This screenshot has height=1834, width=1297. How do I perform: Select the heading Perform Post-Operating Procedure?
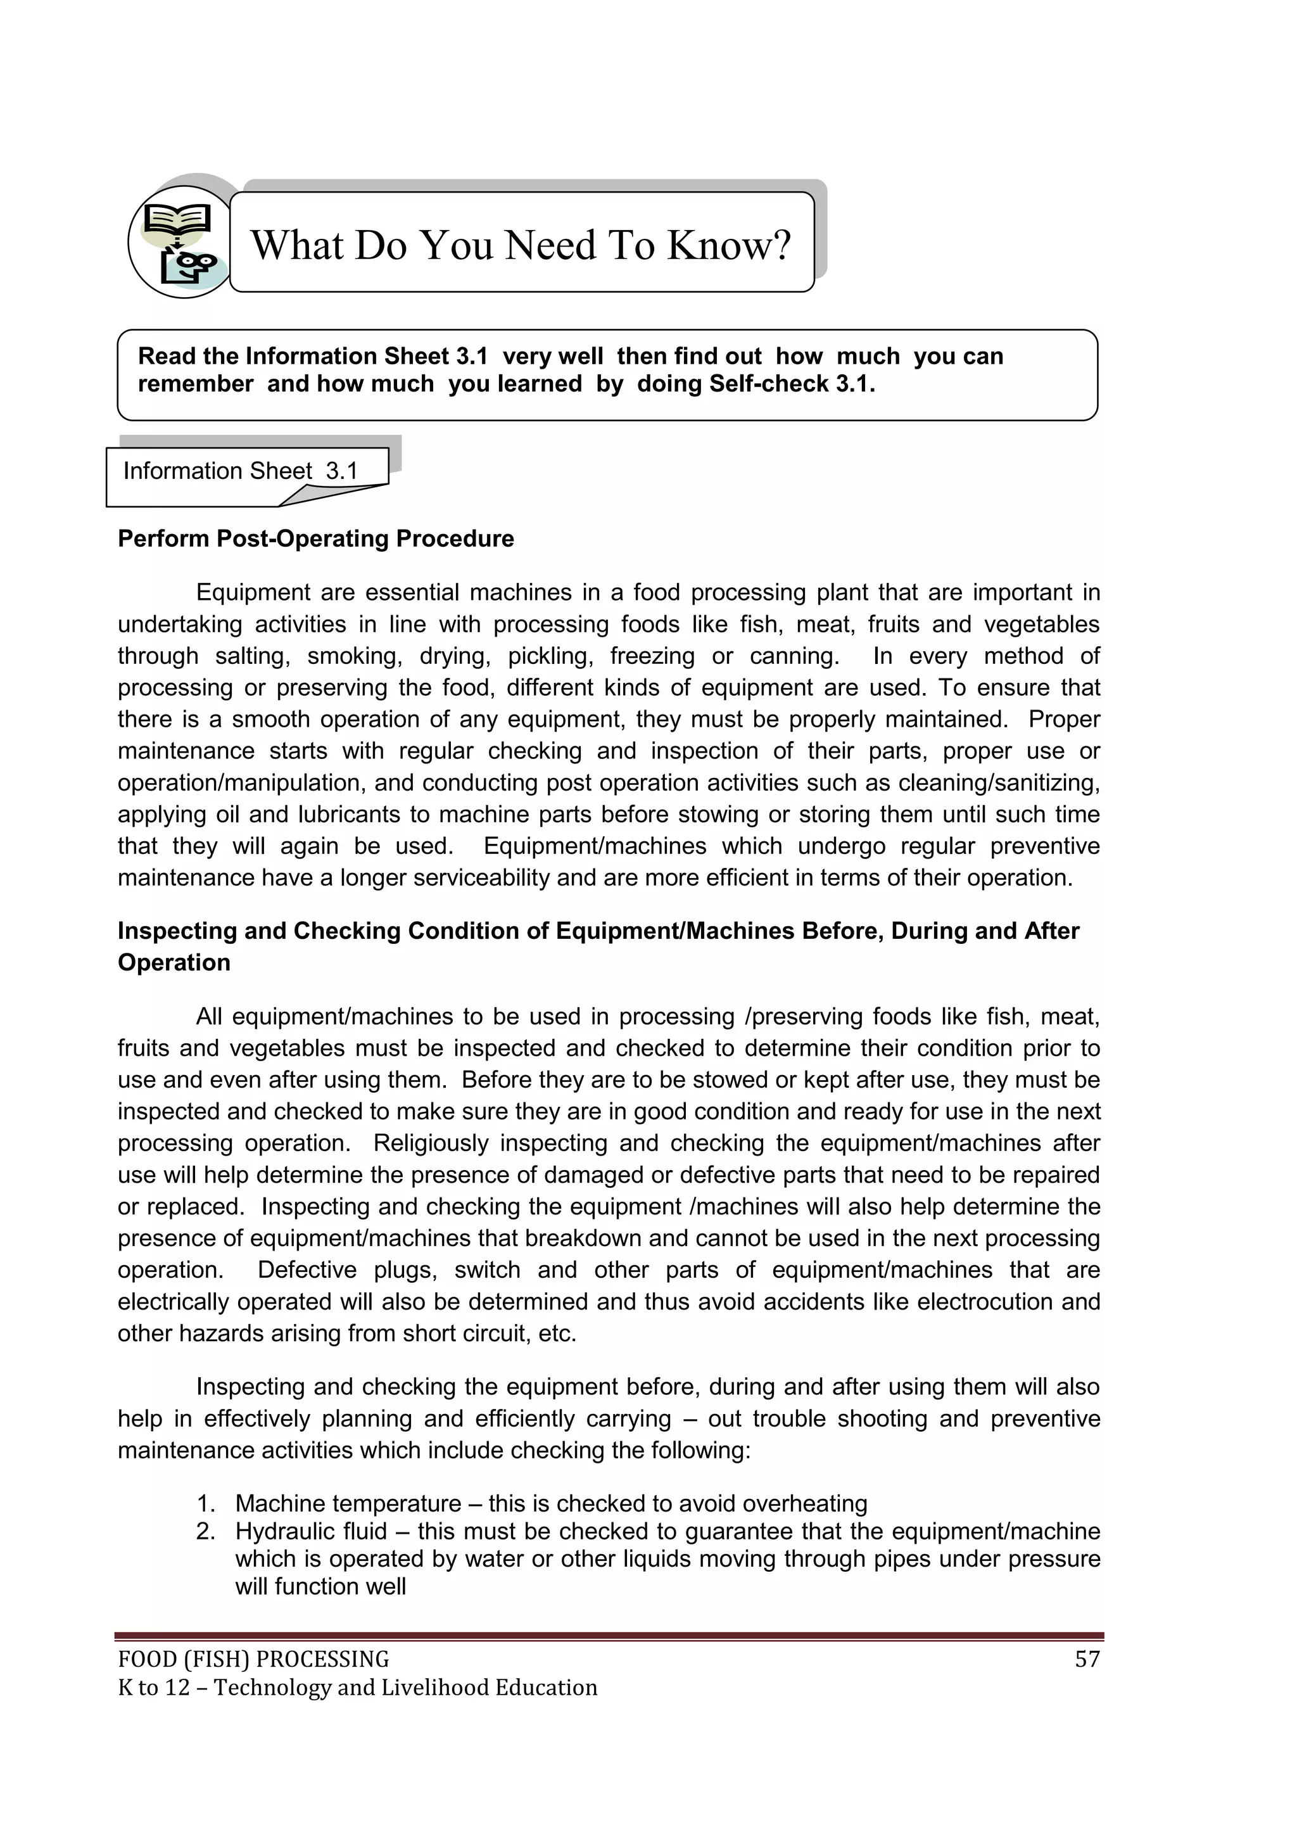click(x=315, y=538)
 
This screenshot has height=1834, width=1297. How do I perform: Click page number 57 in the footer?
click(x=1087, y=1659)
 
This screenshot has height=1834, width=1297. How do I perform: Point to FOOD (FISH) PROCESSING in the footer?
click(x=253, y=1659)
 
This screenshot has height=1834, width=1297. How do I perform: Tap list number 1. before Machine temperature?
click(x=206, y=1503)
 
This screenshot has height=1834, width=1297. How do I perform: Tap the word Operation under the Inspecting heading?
click(x=174, y=962)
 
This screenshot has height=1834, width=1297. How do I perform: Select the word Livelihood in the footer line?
click(x=434, y=1687)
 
